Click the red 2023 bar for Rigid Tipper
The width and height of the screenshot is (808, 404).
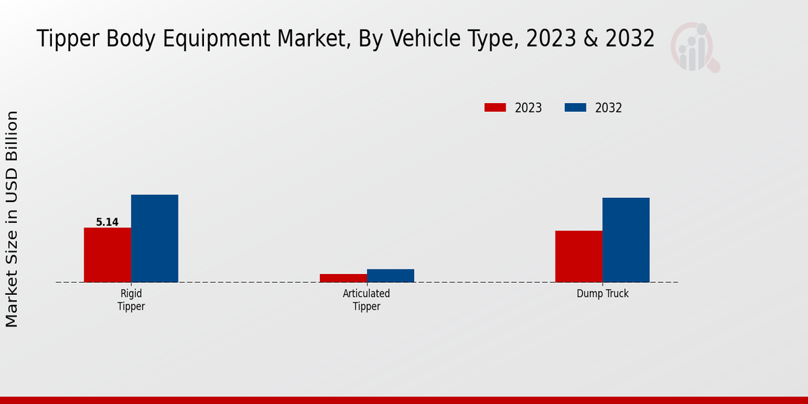[107, 255]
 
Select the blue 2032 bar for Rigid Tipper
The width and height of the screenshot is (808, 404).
[154, 238]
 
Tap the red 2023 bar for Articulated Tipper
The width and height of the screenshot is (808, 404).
[343, 278]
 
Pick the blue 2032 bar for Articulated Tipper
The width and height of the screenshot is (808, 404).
[390, 275]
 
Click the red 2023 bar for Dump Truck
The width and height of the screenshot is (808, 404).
[578, 256]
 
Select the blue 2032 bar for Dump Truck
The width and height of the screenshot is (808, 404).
[626, 240]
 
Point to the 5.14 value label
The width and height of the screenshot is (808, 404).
[107, 222]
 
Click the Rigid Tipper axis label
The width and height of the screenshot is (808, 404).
[131, 300]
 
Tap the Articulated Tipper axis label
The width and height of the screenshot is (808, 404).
[366, 300]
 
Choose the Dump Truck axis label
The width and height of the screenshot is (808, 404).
[602, 294]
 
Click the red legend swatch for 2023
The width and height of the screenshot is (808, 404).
[495, 108]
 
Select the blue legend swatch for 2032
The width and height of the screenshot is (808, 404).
[574, 108]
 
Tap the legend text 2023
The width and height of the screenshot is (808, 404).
[528, 108]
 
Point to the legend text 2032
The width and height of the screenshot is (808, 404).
[608, 108]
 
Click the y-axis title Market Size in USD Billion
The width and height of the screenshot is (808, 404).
[12, 219]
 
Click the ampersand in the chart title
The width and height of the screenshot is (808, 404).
[590, 39]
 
